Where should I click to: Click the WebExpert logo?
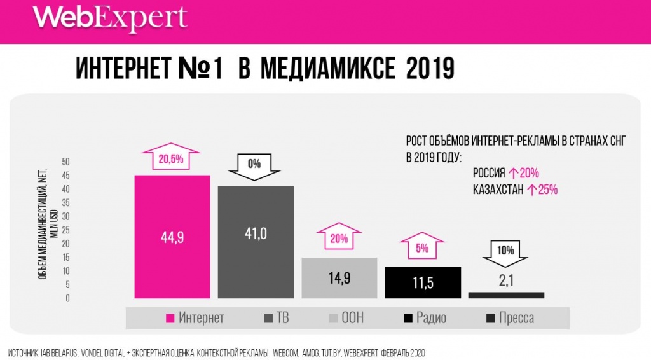110,19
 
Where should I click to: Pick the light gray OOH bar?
339,277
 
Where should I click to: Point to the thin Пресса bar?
506,295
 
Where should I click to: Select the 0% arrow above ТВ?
255,166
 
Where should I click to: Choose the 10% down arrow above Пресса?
506,253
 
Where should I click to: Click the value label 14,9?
339,278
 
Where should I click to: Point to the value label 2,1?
506,282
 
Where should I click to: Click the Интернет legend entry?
195,318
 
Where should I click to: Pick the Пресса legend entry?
510,318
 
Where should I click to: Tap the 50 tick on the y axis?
65,162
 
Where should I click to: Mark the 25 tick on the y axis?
65,230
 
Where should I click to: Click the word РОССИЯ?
489,173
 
